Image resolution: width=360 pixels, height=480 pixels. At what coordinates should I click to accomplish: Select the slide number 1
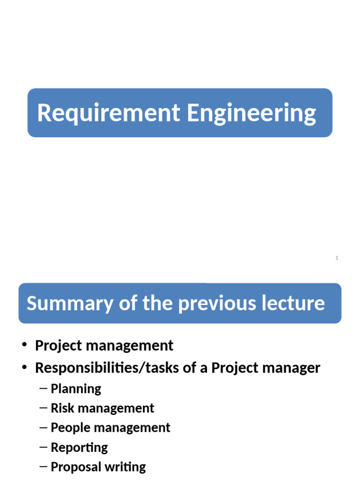pyautogui.click(x=337, y=258)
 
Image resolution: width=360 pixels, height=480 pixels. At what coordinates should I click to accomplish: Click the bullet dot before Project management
pyautogui.click(x=24, y=346)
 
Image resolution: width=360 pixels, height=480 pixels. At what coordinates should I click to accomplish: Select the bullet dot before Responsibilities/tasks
pyautogui.click(x=24, y=368)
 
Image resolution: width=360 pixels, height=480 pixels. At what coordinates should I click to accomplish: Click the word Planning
pyautogui.click(x=75, y=389)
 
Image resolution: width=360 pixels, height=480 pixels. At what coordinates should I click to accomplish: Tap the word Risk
pyautogui.click(x=60, y=408)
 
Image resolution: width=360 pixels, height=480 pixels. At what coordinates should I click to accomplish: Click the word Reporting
pyautogui.click(x=79, y=448)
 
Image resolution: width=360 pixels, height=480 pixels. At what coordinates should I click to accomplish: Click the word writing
pyautogui.click(x=125, y=467)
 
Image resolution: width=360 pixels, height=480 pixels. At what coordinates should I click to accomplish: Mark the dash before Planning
pyautogui.click(x=44, y=389)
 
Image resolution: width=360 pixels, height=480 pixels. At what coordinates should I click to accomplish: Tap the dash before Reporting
pyautogui.click(x=44, y=448)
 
